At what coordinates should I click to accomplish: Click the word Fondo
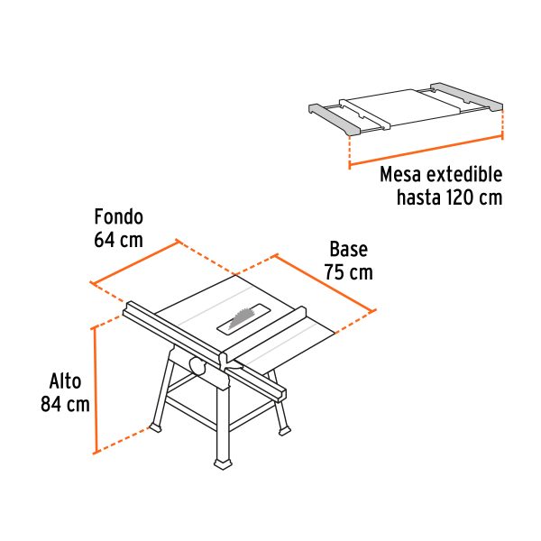pos(119,217)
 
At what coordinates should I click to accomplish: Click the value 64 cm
pos(119,240)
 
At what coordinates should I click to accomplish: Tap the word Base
pos(347,250)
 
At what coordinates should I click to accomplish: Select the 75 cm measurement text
pos(348,272)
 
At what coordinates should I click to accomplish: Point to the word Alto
pos(65,381)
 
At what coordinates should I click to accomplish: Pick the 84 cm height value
pos(65,404)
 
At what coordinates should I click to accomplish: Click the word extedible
pos(462,174)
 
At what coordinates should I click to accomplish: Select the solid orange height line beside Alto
pos(95,389)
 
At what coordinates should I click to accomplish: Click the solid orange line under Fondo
pos(134,262)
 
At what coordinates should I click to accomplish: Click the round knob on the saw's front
pos(195,364)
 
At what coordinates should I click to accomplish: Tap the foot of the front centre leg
pos(222,463)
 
